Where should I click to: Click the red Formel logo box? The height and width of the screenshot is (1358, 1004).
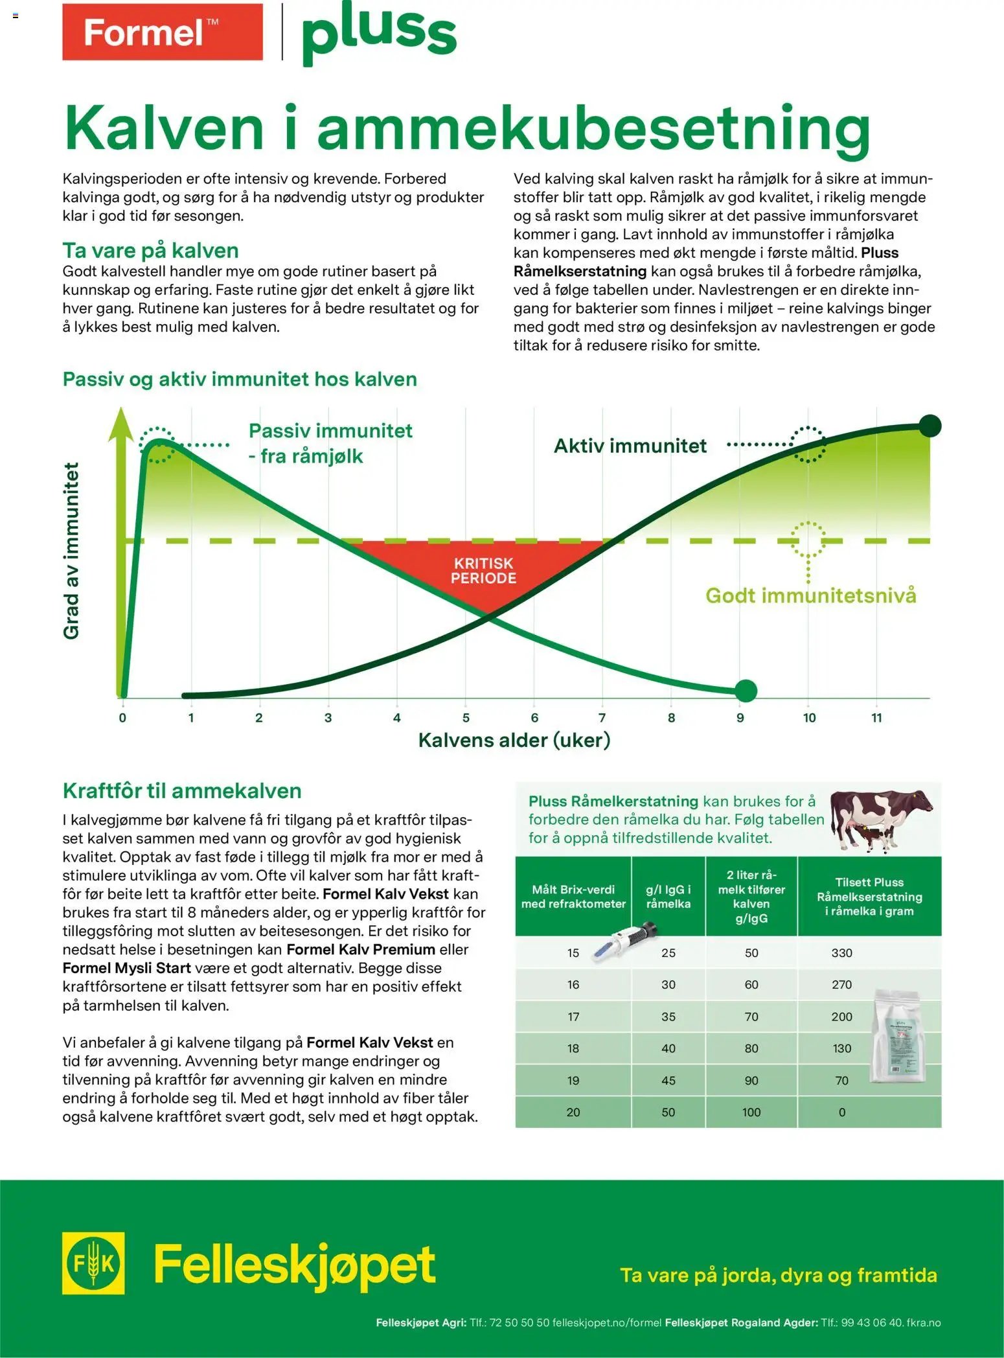(x=162, y=32)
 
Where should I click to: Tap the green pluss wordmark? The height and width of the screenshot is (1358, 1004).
(x=379, y=32)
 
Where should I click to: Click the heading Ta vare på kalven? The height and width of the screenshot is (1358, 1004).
(x=150, y=250)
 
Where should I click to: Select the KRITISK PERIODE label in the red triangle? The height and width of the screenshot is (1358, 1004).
(x=483, y=571)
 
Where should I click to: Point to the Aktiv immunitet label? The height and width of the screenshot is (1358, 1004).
(x=630, y=446)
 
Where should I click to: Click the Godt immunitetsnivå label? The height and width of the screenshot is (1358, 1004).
(x=810, y=595)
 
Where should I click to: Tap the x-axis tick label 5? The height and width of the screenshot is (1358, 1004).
(x=466, y=718)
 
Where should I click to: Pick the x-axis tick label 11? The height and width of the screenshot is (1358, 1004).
(x=876, y=718)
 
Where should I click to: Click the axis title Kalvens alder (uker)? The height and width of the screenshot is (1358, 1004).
(x=514, y=740)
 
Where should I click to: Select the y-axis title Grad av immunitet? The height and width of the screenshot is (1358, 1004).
(x=71, y=551)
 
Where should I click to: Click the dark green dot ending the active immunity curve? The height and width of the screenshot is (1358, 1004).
(x=930, y=426)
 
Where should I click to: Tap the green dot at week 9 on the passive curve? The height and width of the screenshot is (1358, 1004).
(x=746, y=691)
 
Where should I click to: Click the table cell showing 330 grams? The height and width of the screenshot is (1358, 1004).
(x=841, y=953)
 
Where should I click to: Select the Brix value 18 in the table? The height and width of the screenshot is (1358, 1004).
(x=573, y=1048)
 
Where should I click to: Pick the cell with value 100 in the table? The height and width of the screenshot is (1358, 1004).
(x=751, y=1112)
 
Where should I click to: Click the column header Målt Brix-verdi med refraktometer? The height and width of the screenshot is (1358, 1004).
(x=573, y=897)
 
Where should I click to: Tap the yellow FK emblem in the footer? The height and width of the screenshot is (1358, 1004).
(x=93, y=1263)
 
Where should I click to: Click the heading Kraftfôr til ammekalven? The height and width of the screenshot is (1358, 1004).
(x=182, y=790)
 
